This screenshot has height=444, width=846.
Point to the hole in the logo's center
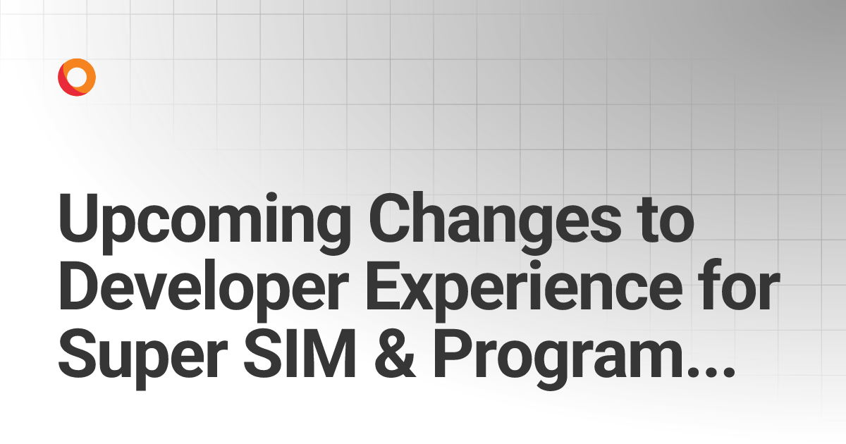pos(77,77)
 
